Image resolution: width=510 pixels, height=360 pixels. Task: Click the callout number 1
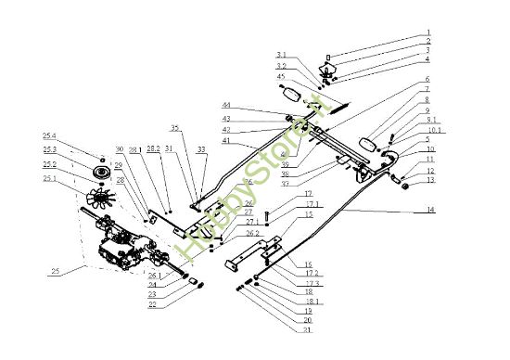click(x=428, y=32)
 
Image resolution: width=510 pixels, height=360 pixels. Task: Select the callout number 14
click(x=429, y=211)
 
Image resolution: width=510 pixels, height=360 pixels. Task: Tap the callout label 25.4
click(x=48, y=135)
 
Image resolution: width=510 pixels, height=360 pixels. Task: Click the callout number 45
click(x=282, y=77)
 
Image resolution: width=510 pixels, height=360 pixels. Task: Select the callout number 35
click(x=174, y=127)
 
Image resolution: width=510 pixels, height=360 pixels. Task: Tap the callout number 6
click(x=427, y=79)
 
